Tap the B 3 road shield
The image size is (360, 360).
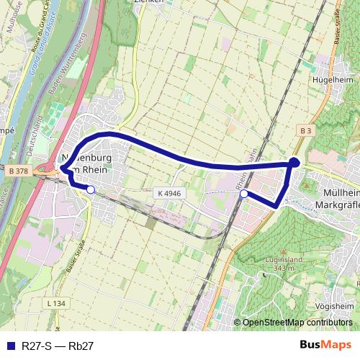(x=305, y=130)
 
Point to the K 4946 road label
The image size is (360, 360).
(x=168, y=193)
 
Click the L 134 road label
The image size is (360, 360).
(x=55, y=303)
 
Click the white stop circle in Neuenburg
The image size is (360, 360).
(x=91, y=189)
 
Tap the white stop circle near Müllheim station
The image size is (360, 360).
(x=244, y=194)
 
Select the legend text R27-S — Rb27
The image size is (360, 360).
(x=58, y=346)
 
